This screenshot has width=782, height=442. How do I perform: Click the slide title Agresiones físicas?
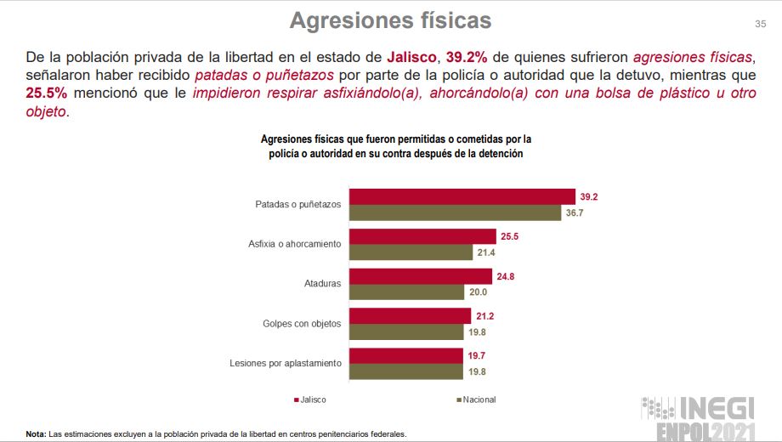tap(390, 20)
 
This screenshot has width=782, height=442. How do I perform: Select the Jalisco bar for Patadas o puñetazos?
tap(462, 196)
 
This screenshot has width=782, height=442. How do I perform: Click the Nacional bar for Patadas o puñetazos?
tap(456, 212)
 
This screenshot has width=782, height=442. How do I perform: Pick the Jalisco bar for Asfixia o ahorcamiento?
tap(422, 236)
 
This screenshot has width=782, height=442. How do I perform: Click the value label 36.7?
tap(575, 212)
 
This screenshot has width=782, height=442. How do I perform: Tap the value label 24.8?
tap(506, 276)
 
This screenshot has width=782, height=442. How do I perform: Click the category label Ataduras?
tap(323, 284)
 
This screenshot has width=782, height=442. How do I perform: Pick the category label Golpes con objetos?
tap(302, 324)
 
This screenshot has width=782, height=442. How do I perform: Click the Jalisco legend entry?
tap(311, 399)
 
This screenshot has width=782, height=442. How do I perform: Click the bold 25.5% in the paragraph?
tap(46, 93)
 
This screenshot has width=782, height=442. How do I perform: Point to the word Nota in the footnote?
tap(35, 434)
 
